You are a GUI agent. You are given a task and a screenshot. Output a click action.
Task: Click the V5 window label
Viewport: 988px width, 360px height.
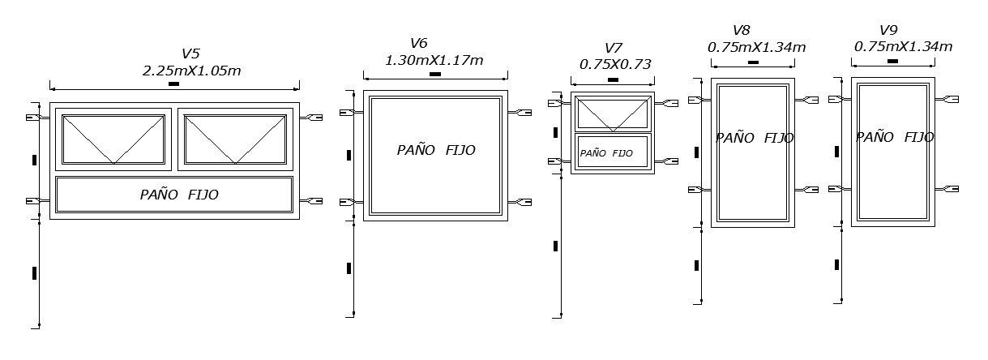pos(191,54)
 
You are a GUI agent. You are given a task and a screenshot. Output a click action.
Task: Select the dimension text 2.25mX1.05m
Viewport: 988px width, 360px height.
pos(192,71)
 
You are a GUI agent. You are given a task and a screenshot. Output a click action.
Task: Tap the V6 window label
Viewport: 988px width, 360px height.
pos(419,43)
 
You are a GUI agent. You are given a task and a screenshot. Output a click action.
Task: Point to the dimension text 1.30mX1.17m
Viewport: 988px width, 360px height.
pos(434,60)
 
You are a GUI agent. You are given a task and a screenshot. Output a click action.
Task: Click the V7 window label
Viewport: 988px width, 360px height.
pos(614,48)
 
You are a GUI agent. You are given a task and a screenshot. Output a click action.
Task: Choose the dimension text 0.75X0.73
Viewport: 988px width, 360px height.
pos(615,64)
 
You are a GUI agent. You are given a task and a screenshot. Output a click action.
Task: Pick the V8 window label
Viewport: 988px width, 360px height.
pos(742,31)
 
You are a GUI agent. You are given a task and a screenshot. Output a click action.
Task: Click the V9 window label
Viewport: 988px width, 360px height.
pos(888,30)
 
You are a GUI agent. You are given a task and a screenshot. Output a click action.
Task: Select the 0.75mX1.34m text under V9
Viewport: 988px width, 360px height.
pos(904,46)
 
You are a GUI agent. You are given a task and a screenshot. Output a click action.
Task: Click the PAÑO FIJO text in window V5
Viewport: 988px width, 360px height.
pos(179,195)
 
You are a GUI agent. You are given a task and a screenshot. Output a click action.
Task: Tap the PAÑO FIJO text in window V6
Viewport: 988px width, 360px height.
pos(436,150)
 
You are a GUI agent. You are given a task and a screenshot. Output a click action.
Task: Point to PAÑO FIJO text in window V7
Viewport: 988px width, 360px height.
pos(606,153)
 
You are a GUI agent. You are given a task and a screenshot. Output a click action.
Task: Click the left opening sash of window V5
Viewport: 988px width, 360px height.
pos(113,139)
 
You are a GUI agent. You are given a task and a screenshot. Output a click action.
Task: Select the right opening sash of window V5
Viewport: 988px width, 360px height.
pos(235,139)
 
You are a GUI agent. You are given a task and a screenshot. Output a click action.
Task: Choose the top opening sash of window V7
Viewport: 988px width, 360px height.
pos(613,114)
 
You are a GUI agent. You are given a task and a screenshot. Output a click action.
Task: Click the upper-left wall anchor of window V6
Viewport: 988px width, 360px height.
pos(352,113)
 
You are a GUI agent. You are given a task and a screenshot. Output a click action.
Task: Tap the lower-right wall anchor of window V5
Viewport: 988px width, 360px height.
pos(311,201)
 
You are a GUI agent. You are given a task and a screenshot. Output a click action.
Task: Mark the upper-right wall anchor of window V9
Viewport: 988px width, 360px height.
pos(947,99)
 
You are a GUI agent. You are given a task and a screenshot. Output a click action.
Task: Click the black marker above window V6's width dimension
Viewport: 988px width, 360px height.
pos(435,74)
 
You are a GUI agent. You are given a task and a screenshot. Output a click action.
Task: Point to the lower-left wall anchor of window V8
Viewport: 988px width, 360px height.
pos(699,190)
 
